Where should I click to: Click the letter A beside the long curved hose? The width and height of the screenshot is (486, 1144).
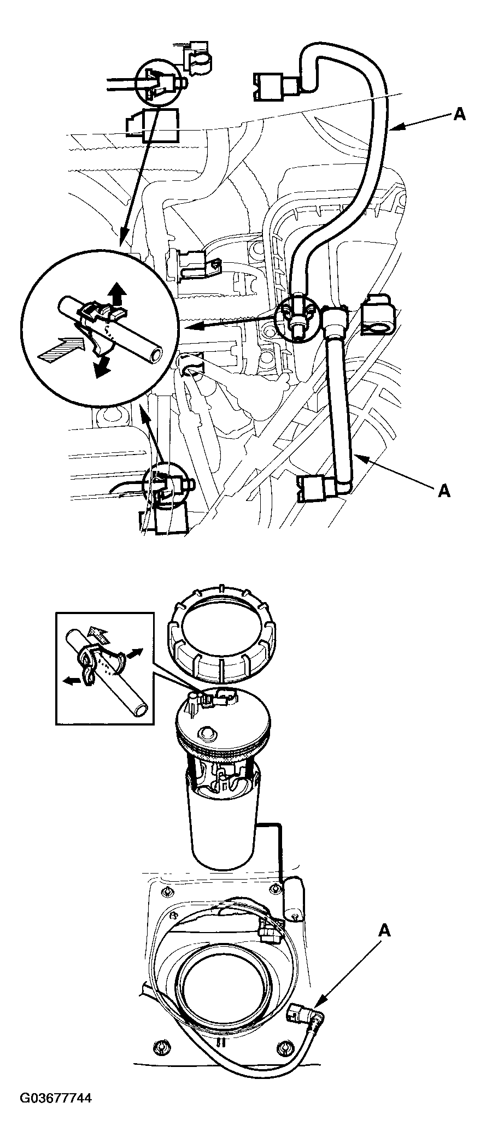pos(460,114)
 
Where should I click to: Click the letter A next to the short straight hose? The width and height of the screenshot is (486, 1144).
pos(444,492)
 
